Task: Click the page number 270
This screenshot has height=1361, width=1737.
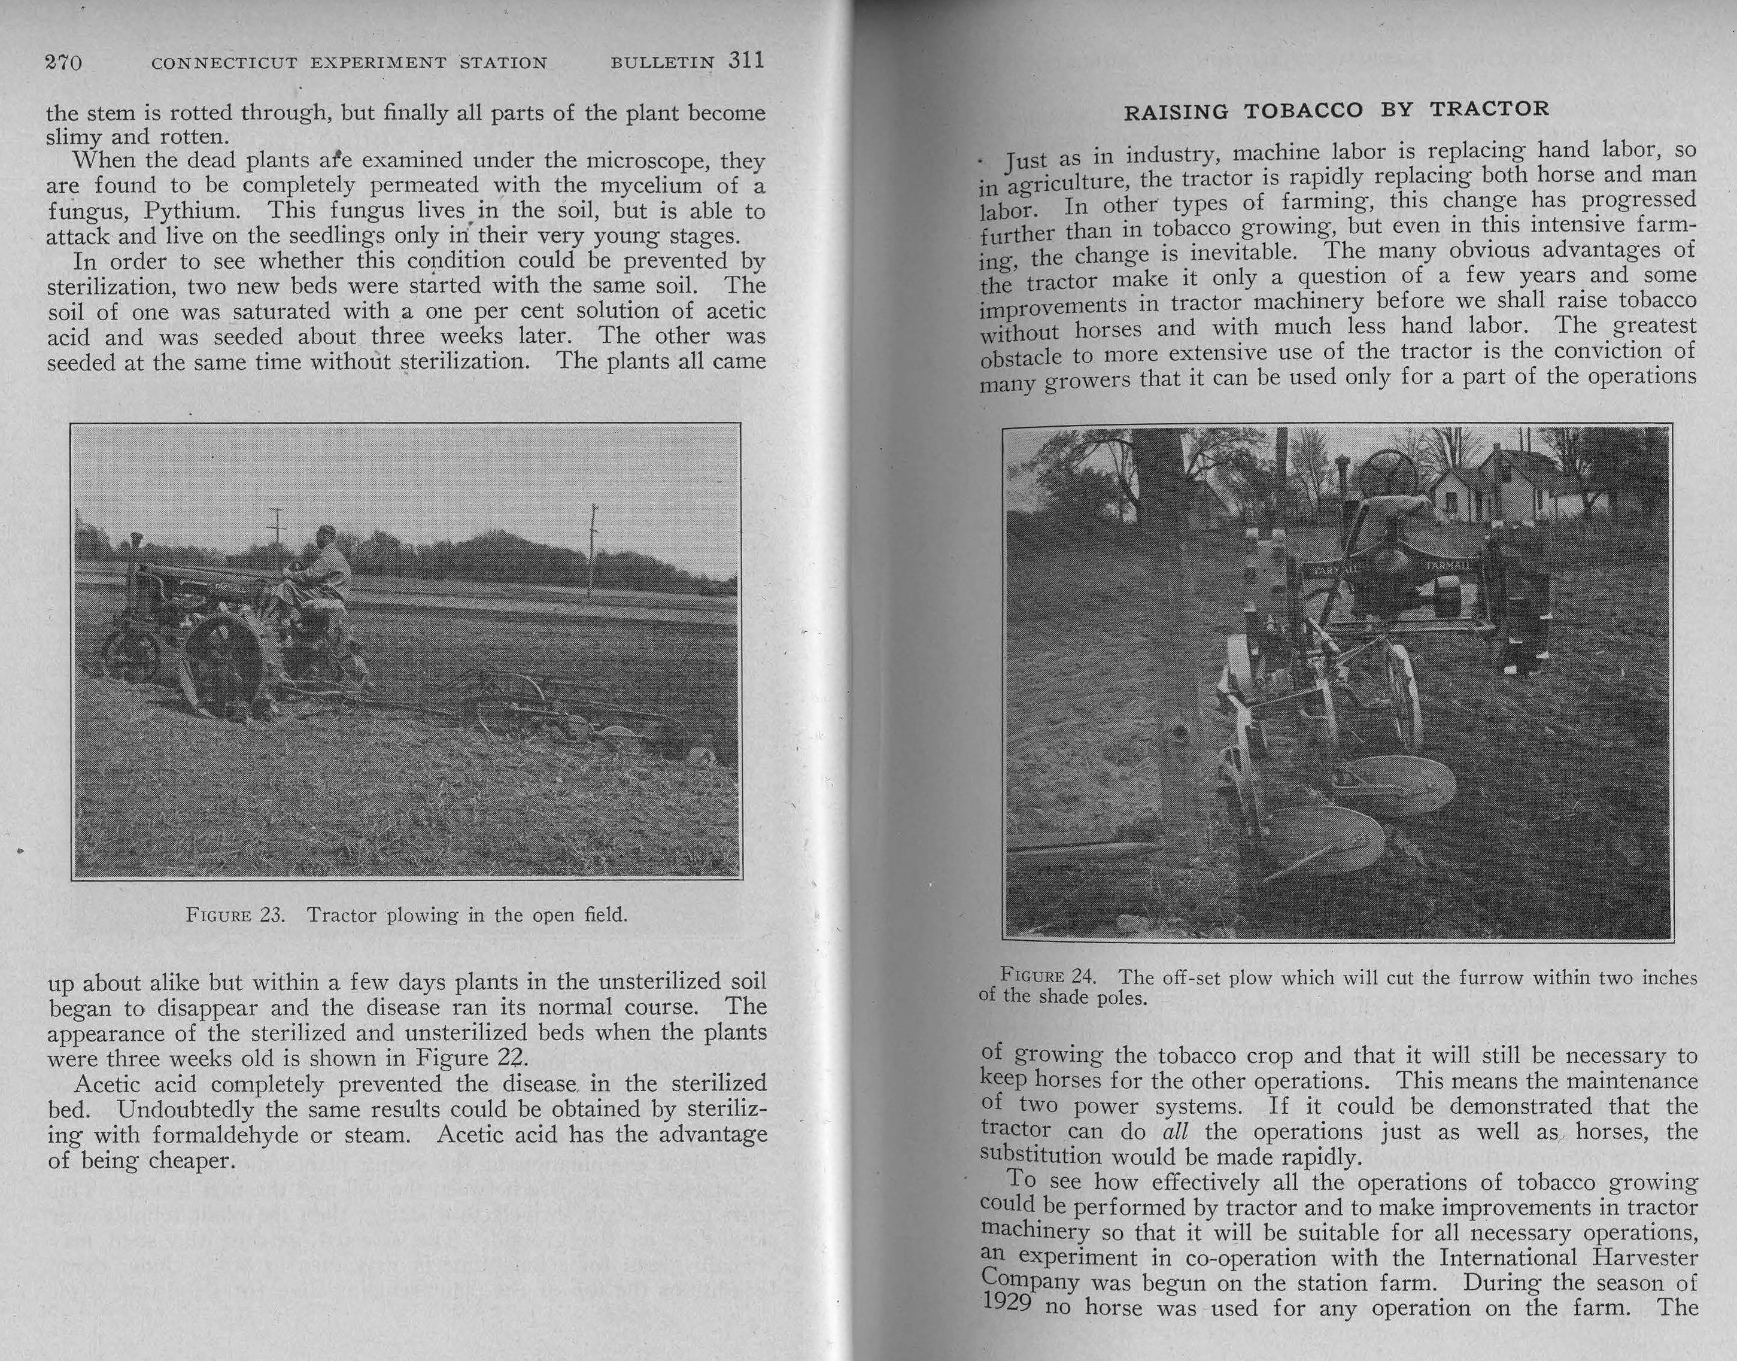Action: tap(63, 62)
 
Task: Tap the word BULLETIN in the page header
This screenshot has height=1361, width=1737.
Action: tap(661, 63)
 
